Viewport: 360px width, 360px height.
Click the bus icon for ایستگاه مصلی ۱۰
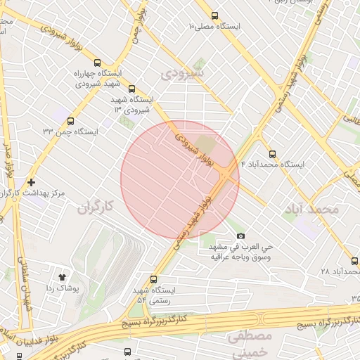point(215,15)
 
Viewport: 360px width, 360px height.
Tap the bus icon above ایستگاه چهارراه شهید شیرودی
point(97,63)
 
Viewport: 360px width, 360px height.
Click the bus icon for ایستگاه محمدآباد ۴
point(272,153)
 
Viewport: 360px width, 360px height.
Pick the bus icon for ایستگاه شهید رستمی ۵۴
point(154,279)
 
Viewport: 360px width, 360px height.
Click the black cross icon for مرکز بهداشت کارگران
point(30,182)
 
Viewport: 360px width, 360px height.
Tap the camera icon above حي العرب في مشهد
point(240,236)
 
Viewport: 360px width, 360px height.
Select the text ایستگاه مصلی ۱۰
point(214,27)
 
